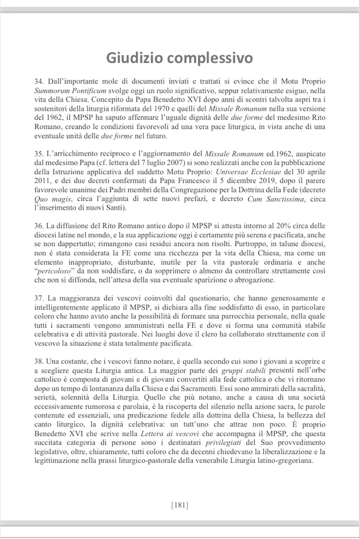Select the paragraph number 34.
pyautogui.click(x=39, y=81)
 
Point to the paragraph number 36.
pyautogui.click(x=39, y=226)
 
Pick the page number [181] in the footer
pyautogui.click(x=180, y=505)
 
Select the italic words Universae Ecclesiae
pyautogui.click(x=248, y=172)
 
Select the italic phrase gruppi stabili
pyautogui.click(x=244, y=370)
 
